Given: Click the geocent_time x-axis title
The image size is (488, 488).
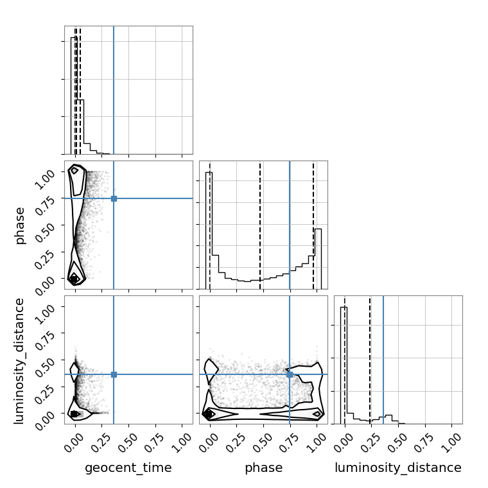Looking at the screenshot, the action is tap(128, 467).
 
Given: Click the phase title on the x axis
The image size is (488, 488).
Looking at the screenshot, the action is tap(264, 468).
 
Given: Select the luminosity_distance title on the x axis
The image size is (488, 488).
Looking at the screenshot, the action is tap(398, 467).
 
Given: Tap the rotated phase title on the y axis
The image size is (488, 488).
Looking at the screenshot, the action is tap(20, 225).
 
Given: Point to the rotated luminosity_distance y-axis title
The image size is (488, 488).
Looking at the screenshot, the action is tap(19, 361).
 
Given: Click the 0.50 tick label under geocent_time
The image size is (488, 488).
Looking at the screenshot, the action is tap(128, 442).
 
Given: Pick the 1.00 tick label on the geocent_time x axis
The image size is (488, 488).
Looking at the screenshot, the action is tap(182, 442).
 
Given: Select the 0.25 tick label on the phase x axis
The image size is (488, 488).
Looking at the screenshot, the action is tap(236, 442).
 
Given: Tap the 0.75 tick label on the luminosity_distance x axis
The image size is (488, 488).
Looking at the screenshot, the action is tap(424, 442).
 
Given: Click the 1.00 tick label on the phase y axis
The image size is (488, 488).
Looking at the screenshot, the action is tap(45, 179).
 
